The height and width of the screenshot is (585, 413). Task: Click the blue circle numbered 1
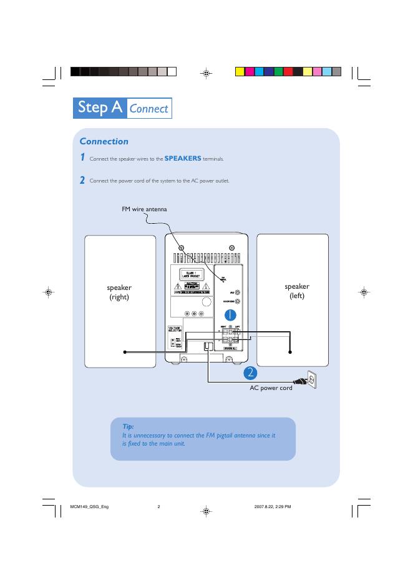point(229,314)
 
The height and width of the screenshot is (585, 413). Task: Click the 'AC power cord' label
point(271,388)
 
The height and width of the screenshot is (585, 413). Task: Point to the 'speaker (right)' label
point(119,292)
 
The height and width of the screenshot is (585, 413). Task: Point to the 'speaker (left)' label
point(297,291)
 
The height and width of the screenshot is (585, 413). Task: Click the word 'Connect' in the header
point(148,109)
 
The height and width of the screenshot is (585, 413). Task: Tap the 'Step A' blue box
point(99,108)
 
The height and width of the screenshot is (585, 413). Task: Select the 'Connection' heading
point(104,141)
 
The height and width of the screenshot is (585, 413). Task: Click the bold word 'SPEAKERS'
point(182,159)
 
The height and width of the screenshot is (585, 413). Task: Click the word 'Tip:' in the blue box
point(128,426)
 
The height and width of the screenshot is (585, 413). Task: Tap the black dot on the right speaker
point(125,352)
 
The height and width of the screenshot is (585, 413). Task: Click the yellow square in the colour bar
point(240,71)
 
